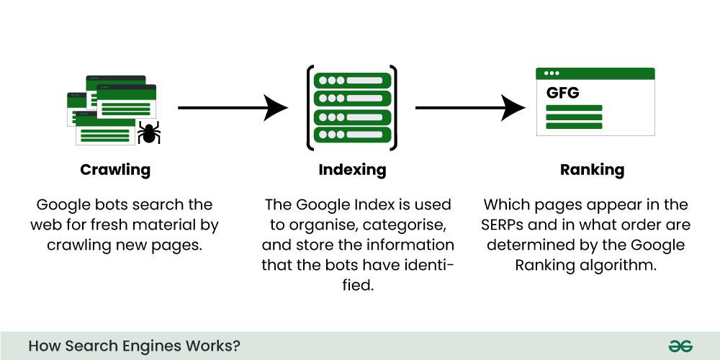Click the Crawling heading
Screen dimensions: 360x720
click(115, 171)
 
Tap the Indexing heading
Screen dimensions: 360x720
click(352, 171)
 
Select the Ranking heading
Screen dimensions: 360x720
click(592, 171)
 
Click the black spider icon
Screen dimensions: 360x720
click(149, 132)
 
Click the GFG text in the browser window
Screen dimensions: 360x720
click(562, 93)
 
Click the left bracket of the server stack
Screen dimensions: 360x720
click(310, 108)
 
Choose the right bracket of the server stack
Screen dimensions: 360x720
click(394, 108)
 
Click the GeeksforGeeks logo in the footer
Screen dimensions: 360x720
click(680, 346)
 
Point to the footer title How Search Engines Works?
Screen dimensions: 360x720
click(134, 346)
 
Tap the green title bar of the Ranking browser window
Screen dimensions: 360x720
click(595, 73)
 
